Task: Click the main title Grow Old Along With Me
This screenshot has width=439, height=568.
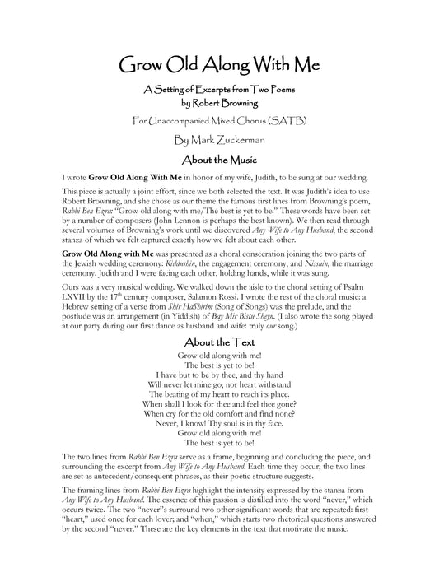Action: (219, 65)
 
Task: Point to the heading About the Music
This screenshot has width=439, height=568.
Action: (219, 159)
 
